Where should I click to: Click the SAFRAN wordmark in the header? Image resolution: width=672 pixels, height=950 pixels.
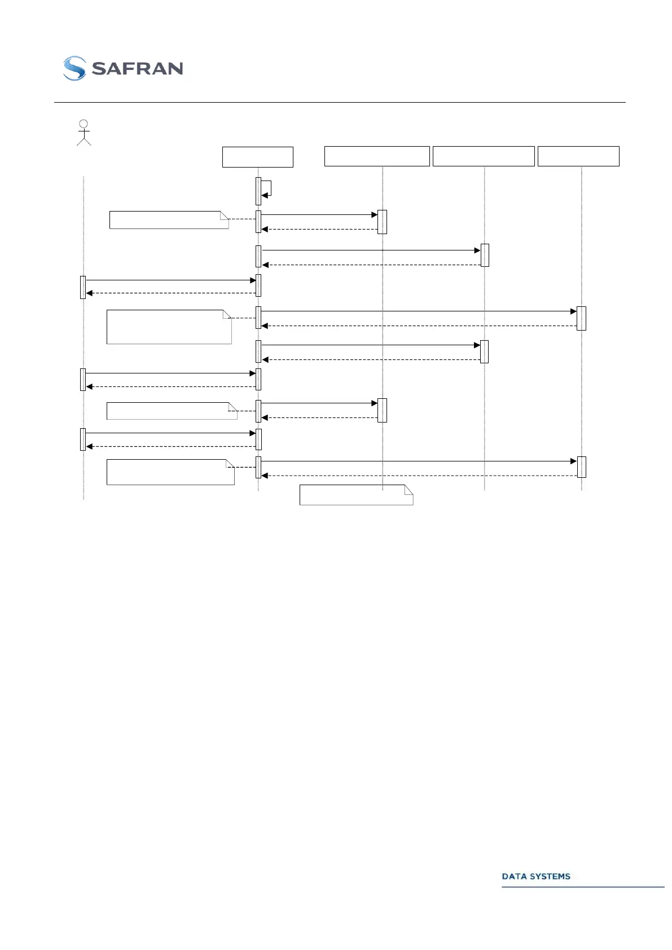coord(137,69)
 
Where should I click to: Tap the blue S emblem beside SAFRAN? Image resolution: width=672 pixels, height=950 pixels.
coord(74,68)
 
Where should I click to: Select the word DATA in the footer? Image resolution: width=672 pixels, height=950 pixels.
coord(514,876)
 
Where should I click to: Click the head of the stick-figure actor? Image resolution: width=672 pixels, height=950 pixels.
coord(84,124)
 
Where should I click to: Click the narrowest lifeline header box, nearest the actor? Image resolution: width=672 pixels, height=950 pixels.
coord(257,157)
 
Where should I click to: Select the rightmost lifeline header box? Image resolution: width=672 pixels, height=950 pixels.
coord(578,156)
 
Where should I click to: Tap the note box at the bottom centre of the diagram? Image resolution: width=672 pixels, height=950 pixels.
coord(355,495)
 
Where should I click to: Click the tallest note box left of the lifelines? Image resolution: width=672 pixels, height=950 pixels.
coord(169,327)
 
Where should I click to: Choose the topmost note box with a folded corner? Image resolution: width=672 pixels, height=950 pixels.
coord(169,220)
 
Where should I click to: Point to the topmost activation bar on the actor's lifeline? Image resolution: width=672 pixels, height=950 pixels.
coord(83,287)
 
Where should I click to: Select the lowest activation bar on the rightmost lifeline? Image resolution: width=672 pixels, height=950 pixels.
coord(581,467)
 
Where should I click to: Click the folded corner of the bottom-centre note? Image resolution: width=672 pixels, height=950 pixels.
coord(409,489)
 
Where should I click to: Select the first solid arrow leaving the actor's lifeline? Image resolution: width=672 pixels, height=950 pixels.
coord(169,280)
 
